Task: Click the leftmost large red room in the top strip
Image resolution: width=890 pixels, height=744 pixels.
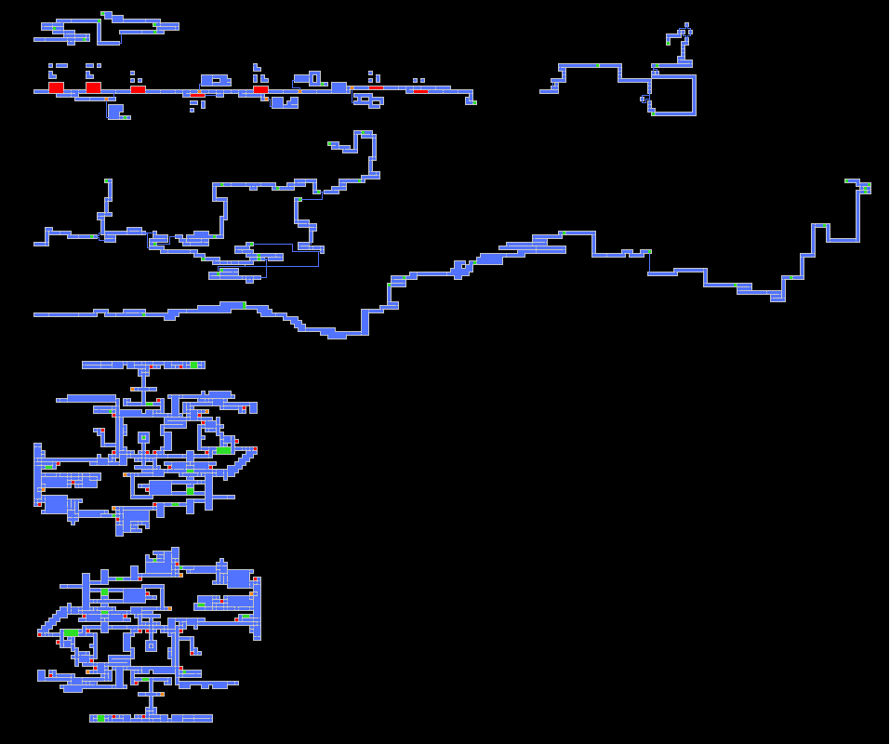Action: point(56,87)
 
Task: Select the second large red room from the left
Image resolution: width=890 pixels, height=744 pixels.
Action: point(93,87)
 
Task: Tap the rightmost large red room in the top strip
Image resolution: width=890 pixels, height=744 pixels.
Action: point(260,89)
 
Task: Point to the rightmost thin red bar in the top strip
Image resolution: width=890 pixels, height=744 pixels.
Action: point(420,91)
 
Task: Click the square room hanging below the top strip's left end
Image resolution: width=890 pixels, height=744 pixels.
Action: point(114,111)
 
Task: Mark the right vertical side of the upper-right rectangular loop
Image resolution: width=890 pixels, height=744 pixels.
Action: point(694,95)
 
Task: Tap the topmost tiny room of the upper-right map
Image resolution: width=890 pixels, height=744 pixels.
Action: point(686,25)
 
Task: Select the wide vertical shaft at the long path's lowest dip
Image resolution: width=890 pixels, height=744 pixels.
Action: point(365,321)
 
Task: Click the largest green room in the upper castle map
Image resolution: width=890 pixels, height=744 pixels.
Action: point(223,450)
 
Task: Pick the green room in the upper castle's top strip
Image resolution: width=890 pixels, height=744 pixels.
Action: point(193,365)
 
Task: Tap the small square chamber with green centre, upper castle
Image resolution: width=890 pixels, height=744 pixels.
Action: point(143,437)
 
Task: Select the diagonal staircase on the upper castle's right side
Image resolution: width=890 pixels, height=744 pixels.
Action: point(242,460)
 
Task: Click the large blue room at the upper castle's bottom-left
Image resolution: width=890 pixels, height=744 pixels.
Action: point(56,504)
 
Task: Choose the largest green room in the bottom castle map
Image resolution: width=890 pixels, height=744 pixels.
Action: point(71,632)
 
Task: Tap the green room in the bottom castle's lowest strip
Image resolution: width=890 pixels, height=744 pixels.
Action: point(100,718)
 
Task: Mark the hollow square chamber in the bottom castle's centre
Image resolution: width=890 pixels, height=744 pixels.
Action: point(151,645)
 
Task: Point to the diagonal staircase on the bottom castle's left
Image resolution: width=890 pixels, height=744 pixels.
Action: point(56,618)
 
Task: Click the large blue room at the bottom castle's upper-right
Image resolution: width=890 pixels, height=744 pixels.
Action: point(239,578)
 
